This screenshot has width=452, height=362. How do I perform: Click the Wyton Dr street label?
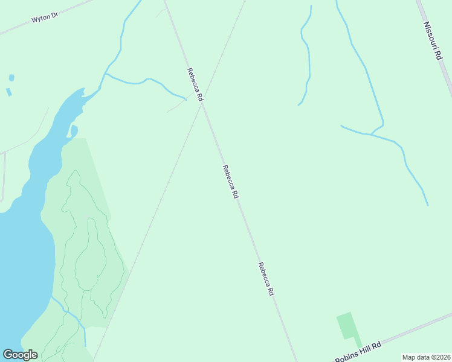pyautogui.click(x=44, y=18)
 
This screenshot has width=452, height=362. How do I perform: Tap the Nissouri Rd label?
pyautogui.click(x=433, y=41)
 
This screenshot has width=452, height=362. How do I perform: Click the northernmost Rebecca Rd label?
pyautogui.click(x=195, y=84)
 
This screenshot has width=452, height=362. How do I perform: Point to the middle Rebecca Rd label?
pyautogui.click(x=231, y=182)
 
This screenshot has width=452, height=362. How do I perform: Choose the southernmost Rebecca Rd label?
pyautogui.click(x=266, y=279)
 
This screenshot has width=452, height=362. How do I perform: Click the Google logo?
pyautogui.click(x=20, y=355)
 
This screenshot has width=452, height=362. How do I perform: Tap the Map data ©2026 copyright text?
pyautogui.click(x=426, y=357)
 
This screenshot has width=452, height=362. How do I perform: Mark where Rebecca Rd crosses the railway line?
pyautogui.click(x=204, y=104)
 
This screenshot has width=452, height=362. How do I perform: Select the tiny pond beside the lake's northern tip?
pyautogui.click(x=74, y=130)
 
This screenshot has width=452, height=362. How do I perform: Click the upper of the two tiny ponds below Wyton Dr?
pyautogui.click(x=11, y=78)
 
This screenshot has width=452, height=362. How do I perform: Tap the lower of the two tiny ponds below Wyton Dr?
pyautogui.click(x=8, y=92)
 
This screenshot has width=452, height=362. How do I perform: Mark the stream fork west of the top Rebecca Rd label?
pyautogui.click(x=107, y=74)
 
